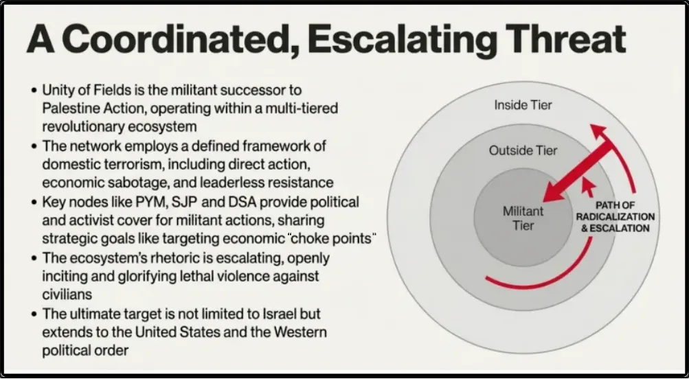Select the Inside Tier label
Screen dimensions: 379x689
523,105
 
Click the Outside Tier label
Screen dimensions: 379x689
523,150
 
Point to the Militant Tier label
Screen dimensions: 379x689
523,218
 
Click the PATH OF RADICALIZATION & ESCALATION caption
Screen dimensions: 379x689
615,216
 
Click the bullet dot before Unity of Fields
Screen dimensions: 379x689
34,91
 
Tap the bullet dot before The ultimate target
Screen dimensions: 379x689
34,314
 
